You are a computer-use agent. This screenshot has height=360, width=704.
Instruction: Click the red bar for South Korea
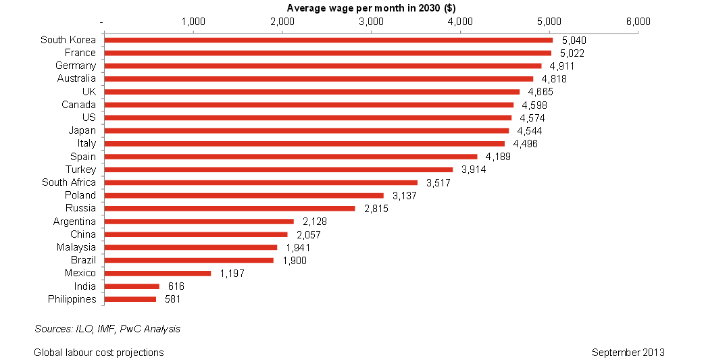[x=328, y=40]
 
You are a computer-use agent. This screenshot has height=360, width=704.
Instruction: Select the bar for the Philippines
[x=130, y=299]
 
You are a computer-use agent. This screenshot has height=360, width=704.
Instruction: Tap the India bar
[x=131, y=286]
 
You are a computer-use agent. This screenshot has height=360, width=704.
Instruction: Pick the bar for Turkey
[x=278, y=170]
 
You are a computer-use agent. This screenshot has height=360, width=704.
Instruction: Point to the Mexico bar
[x=157, y=274]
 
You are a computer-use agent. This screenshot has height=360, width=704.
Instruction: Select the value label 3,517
[x=438, y=182]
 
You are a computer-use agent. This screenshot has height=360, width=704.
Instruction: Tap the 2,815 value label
[x=376, y=209]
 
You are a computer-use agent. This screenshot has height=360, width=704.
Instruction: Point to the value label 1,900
[x=295, y=260]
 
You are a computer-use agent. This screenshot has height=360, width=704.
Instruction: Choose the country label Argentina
[x=74, y=222]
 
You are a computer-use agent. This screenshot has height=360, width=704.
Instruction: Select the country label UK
[x=89, y=92]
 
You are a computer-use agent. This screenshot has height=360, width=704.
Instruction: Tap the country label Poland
[x=80, y=195]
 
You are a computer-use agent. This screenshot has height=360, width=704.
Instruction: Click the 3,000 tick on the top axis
[x=371, y=22]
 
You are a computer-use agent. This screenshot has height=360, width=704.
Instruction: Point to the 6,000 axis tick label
[x=638, y=22]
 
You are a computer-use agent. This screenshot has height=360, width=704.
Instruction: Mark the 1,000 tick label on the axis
[x=193, y=22]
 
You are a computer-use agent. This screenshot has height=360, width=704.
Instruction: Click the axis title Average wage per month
[x=370, y=8]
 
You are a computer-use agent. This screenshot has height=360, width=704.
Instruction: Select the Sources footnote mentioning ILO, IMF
[x=107, y=329]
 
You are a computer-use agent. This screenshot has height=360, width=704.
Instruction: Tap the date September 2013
[x=628, y=352]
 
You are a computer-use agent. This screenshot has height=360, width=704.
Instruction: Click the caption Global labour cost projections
[x=99, y=352]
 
